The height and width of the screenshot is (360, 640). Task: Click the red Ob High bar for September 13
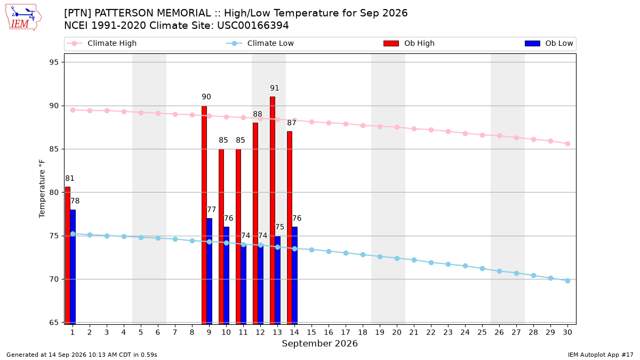pos(273,210)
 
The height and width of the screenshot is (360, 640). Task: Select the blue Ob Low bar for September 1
pos(73,267)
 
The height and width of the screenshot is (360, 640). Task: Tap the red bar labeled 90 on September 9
pos(204,215)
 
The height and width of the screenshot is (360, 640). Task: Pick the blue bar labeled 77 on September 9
pos(209,271)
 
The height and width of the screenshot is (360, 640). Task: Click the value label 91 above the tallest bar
pos(274,88)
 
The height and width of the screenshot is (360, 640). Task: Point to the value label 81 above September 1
pos(70,178)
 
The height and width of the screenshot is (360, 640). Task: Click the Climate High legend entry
pos(101,43)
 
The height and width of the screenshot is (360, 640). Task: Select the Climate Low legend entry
pos(260,43)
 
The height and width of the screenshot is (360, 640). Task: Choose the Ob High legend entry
pos(409,43)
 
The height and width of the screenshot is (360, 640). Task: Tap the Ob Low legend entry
pos(549,43)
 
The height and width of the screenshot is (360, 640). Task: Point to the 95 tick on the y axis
pos(54,62)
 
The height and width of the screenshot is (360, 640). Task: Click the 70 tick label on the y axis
pos(54,279)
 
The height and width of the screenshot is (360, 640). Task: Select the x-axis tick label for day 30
pos(567,332)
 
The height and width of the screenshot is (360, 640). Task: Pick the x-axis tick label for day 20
pos(397,332)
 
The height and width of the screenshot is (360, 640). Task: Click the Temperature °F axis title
pos(42,189)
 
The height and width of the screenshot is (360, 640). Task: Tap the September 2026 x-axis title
pos(319,343)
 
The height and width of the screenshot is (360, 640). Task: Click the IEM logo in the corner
pos(23,18)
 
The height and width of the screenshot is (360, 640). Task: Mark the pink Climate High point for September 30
pos(567,143)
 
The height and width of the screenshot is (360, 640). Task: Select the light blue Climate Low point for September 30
pos(567,281)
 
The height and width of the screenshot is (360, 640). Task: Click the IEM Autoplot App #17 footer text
pos(601,355)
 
